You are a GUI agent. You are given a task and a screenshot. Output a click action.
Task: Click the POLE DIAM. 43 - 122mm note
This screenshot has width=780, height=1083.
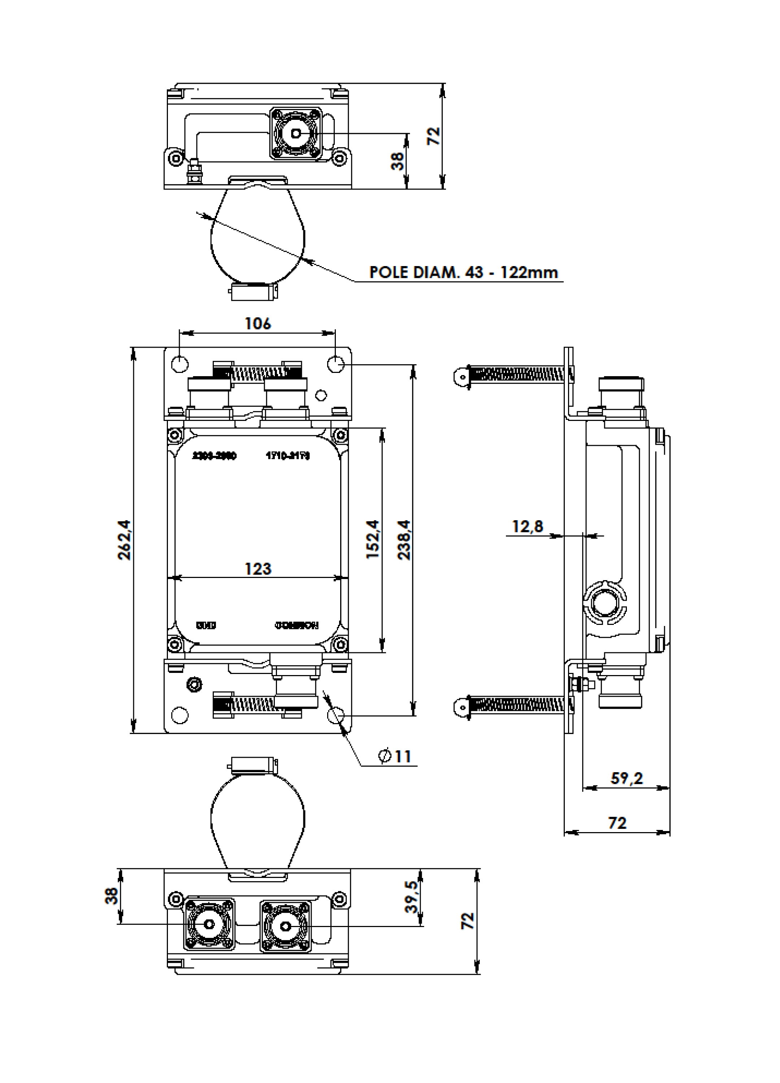pos(463,272)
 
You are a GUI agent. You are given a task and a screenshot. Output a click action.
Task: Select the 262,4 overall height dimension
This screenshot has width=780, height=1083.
pos(124,540)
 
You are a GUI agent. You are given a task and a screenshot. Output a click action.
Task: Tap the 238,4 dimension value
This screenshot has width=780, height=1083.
pos(404,540)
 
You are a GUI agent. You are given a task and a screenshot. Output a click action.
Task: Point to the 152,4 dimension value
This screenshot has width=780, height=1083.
pos(373,540)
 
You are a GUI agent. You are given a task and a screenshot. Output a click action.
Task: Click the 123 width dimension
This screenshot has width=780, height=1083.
pos(258,569)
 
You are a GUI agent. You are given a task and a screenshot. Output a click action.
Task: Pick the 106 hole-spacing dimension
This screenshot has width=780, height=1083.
pos(257,323)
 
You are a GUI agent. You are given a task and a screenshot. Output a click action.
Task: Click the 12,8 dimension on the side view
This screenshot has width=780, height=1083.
pos(527,526)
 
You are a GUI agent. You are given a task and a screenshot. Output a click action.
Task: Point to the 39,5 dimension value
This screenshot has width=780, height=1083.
pos(412,897)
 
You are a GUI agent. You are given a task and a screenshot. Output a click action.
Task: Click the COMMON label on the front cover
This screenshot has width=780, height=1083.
pos(296,625)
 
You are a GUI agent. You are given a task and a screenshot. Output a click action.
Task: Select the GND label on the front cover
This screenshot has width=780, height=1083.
pos(206,625)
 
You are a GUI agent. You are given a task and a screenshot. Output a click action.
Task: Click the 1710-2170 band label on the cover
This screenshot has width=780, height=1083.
pos(287,456)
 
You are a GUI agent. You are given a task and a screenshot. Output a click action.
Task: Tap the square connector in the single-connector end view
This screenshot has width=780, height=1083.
pos(296,133)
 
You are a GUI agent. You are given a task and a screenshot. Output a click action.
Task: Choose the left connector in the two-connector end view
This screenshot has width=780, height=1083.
pos(209,925)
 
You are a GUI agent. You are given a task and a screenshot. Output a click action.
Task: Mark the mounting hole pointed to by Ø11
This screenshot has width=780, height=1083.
pos(336,715)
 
